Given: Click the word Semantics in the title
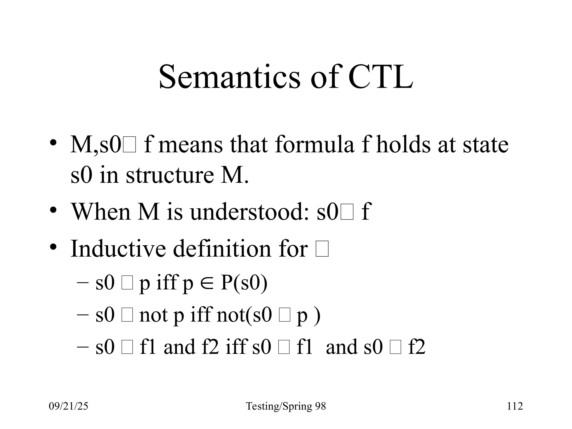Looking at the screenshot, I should [x=229, y=77].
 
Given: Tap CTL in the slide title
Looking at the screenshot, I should [x=381, y=77].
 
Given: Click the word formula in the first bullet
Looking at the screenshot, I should [x=314, y=145].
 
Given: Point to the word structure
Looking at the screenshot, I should [x=170, y=175].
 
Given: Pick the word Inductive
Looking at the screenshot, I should [x=118, y=248].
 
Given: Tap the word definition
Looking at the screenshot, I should [x=222, y=248].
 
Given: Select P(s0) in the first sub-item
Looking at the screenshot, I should [x=244, y=283].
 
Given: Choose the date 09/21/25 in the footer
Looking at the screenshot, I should [x=68, y=406].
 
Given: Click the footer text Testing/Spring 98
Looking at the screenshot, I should [x=286, y=406].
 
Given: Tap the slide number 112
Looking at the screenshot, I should [x=515, y=406].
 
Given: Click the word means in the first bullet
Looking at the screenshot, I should [x=190, y=145].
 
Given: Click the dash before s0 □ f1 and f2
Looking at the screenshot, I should [x=82, y=347].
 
